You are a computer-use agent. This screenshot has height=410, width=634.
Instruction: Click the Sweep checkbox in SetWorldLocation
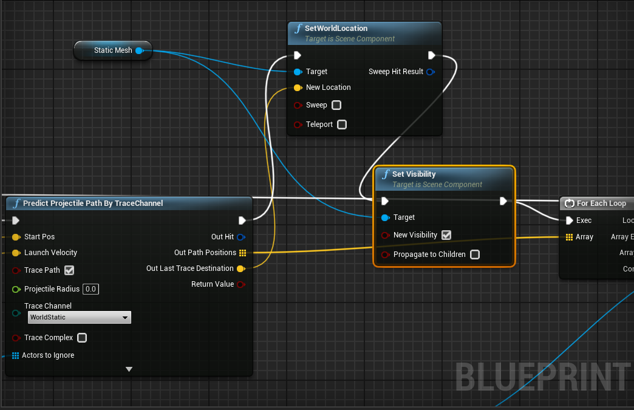coord(336,105)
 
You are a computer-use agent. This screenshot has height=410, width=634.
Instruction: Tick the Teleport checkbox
coord(342,125)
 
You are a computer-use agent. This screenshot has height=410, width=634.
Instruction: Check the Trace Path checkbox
coord(69,270)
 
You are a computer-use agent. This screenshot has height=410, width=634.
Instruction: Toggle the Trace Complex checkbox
coord(82,338)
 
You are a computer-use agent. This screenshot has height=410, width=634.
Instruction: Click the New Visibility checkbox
coord(446,235)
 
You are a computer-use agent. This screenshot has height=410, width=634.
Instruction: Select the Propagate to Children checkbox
coord(475,255)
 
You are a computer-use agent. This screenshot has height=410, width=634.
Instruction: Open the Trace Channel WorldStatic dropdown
coord(80,317)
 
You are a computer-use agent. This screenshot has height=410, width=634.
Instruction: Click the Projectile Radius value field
coord(90,289)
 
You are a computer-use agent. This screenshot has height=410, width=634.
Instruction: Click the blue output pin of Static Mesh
coord(139,50)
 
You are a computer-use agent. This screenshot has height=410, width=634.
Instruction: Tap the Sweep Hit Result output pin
coord(430,72)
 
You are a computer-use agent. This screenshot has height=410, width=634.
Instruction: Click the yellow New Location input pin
coord(298,87)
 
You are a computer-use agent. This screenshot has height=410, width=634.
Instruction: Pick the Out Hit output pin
coord(241,237)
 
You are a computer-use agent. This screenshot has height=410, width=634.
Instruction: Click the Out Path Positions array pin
coord(242,253)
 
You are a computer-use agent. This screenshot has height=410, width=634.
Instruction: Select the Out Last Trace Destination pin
coord(240,268)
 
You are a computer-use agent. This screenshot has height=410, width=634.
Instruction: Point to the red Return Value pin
coord(241,284)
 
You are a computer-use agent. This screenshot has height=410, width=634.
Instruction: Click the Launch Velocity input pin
coord(16,253)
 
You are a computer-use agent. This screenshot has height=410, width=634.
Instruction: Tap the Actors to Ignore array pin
coord(16,355)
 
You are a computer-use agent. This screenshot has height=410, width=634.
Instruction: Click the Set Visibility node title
coord(414,174)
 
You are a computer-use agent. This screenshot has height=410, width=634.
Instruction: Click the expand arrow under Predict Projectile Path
coord(129,369)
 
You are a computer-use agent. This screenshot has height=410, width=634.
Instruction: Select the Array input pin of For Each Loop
coord(569,237)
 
